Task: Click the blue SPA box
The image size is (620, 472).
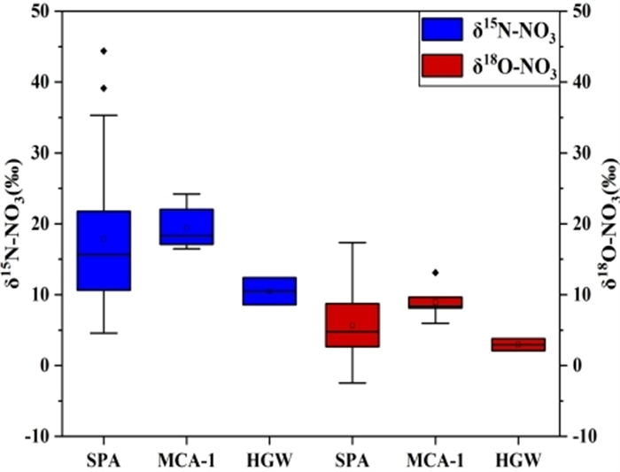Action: coord(104,250)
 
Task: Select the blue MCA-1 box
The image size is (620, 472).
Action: coord(186,227)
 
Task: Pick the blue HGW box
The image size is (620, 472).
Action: coord(269,290)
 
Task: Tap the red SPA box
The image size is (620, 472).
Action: coord(353,325)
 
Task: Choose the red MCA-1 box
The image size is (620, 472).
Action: coord(435,302)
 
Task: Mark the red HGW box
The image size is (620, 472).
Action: coord(518,344)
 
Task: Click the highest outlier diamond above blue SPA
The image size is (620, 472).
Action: coord(104,51)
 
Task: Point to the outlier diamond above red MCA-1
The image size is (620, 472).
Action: coord(435,272)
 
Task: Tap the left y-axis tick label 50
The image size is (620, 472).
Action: coord(41,12)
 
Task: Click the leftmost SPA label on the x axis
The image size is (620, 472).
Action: coord(104,460)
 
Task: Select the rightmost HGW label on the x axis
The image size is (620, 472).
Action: coord(518,460)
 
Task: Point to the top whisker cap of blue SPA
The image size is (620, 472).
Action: coord(104,115)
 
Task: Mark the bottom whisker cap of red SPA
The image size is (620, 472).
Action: coord(353,383)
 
